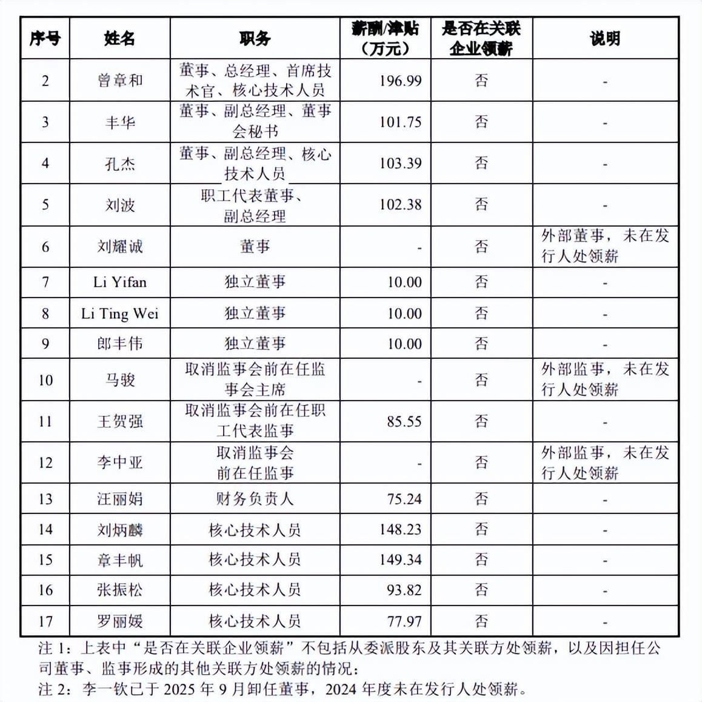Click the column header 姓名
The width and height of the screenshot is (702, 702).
[119, 39]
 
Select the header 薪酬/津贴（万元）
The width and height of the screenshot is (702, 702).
[385, 38]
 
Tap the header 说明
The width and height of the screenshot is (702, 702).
[605, 39]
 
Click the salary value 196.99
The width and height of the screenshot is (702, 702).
[400, 81]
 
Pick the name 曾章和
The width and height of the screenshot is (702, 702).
[119, 81]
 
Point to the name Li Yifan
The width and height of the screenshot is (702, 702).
[119, 282]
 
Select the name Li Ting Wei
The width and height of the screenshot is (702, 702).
[119, 313]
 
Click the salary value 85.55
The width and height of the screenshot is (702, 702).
[404, 421]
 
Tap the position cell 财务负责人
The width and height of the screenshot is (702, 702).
[255, 499]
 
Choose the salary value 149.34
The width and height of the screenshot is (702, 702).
[400, 560]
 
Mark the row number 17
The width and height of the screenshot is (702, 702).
[45, 621]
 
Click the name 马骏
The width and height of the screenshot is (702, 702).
[119, 380]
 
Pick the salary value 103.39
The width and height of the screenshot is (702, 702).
[400, 163]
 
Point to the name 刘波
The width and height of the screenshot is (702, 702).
[119, 205]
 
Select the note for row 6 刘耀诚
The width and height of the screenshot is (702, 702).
[605, 246]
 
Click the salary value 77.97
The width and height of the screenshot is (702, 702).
[404, 621]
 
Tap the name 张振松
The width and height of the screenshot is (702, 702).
[119, 590]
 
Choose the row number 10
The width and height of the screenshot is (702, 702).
[45, 380]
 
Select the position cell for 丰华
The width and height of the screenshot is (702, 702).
[255, 121]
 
